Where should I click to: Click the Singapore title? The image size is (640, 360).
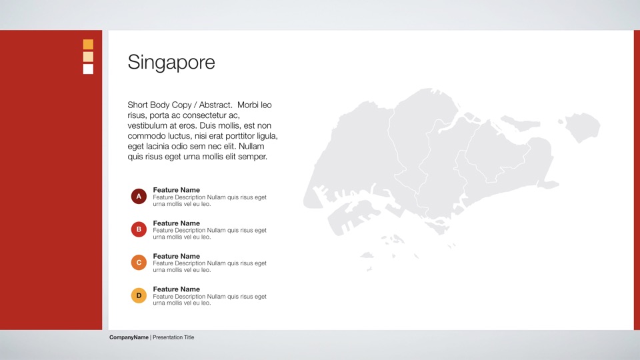(x=171, y=63)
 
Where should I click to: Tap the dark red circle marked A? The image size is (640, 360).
(x=139, y=196)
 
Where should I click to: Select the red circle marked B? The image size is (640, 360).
(x=139, y=229)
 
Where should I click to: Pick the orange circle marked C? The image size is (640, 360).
(x=139, y=263)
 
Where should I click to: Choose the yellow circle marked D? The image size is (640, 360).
(x=139, y=295)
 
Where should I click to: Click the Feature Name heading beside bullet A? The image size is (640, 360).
(x=176, y=190)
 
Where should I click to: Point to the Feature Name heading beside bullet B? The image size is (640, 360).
(x=176, y=223)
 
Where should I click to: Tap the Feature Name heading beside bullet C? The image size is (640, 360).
(x=176, y=256)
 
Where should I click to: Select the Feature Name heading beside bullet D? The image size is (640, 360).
(x=176, y=289)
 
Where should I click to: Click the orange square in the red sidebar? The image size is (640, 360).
(x=88, y=44)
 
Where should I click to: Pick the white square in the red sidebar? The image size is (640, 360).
(x=88, y=69)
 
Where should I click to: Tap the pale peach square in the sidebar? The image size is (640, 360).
(x=88, y=57)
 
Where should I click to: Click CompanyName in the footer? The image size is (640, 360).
(x=129, y=337)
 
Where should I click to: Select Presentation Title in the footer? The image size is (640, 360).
(x=173, y=337)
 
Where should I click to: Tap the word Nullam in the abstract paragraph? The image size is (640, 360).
(x=251, y=146)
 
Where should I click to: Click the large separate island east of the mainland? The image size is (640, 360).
(x=582, y=127)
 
